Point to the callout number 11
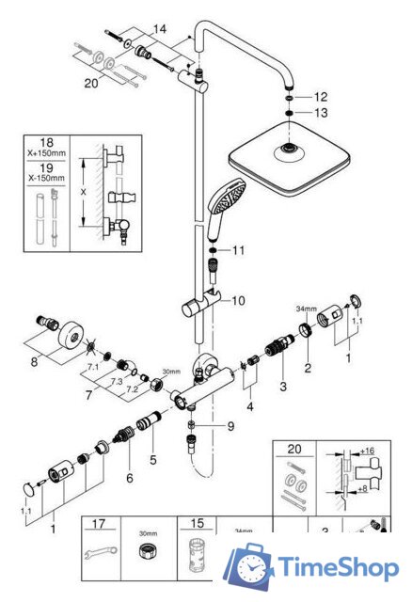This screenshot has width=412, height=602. coord(237,250)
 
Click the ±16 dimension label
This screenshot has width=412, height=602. coord(367,452)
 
